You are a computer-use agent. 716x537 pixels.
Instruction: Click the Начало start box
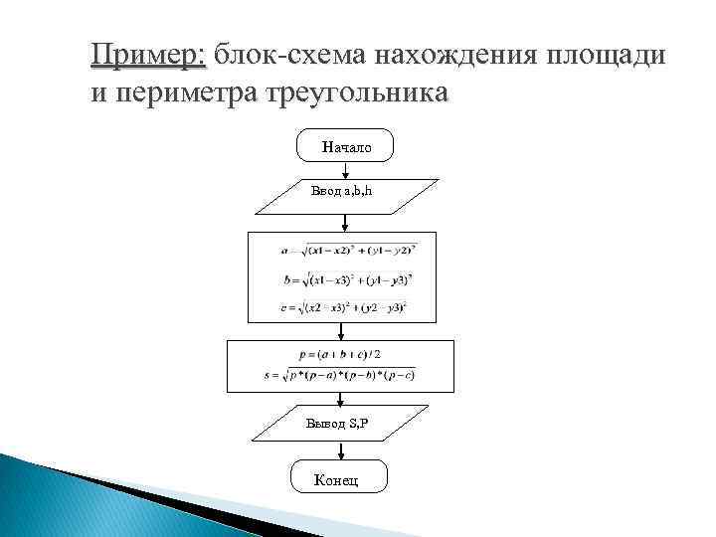[x=345, y=146]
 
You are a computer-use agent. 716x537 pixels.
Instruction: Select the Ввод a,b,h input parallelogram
[x=345, y=195]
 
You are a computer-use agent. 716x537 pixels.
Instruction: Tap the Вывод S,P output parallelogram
[x=338, y=424]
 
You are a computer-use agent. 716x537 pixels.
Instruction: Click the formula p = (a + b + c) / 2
[x=338, y=354]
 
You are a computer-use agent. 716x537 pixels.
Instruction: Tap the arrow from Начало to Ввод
[x=345, y=170]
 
